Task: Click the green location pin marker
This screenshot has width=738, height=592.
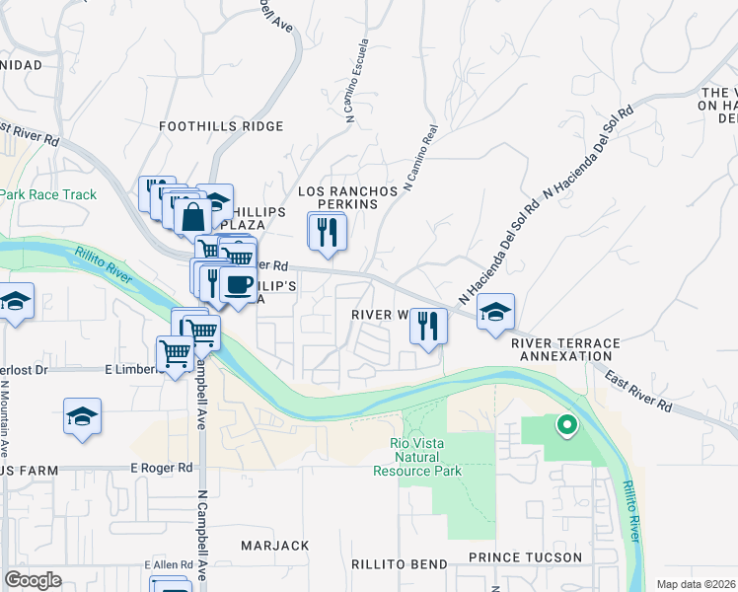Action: [x=566, y=426]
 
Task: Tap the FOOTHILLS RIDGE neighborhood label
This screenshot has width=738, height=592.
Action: [x=222, y=126]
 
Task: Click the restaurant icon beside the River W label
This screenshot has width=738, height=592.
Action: [x=428, y=326]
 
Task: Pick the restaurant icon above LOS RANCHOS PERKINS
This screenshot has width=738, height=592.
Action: [x=328, y=232]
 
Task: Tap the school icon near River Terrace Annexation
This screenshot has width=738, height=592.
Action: [x=495, y=313]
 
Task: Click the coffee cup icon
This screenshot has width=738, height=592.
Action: [x=237, y=285]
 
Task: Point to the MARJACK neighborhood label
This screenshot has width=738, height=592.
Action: [x=275, y=546]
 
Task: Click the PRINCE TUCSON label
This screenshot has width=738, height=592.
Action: [x=525, y=557]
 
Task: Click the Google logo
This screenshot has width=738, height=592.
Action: [x=33, y=580]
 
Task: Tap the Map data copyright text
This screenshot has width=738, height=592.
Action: [x=696, y=584]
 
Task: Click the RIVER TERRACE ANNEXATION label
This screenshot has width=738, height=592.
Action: [x=565, y=349]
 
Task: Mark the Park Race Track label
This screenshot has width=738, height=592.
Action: [x=48, y=194]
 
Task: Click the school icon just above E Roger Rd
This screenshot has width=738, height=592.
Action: [x=83, y=417]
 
